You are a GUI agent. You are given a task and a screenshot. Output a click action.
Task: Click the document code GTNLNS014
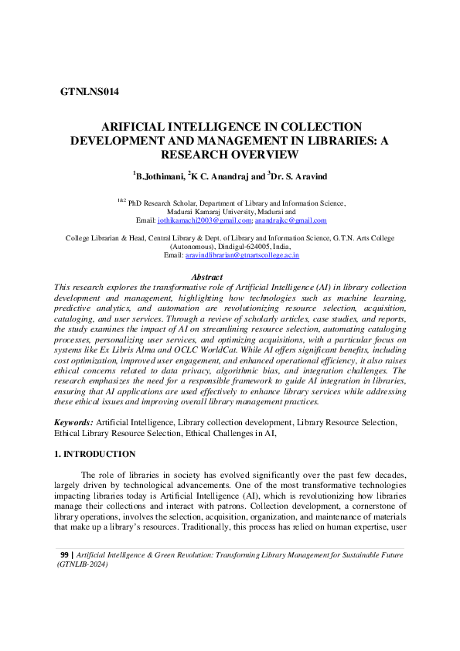(x=89, y=92)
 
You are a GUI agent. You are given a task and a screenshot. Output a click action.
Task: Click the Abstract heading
(x=206, y=277)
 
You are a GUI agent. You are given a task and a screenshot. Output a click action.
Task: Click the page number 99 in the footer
(x=64, y=555)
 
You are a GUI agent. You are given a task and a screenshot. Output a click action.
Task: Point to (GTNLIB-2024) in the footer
(x=82, y=564)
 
